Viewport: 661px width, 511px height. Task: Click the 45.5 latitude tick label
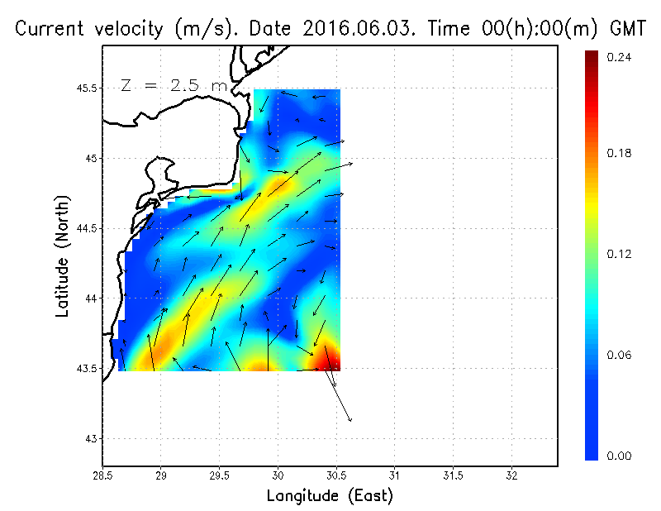[86, 88]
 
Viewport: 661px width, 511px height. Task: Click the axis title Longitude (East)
[330, 496]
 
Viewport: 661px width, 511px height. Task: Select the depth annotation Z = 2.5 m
[174, 85]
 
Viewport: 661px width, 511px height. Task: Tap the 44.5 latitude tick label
[86, 228]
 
